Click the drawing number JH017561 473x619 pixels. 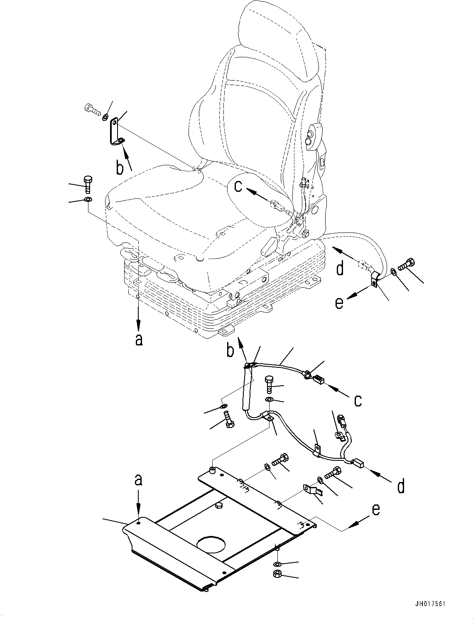coord(429,604)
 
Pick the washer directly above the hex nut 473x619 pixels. coord(277,564)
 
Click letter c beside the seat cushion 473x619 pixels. coord(238,186)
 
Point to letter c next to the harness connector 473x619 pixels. coord(358,400)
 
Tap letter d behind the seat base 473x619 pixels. coord(340,269)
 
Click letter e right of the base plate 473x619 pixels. coord(375,509)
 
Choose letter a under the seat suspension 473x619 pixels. coord(139,339)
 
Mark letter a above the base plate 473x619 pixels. coord(138,480)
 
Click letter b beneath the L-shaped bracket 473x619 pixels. coord(120,168)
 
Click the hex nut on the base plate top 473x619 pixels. coord(218,505)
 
